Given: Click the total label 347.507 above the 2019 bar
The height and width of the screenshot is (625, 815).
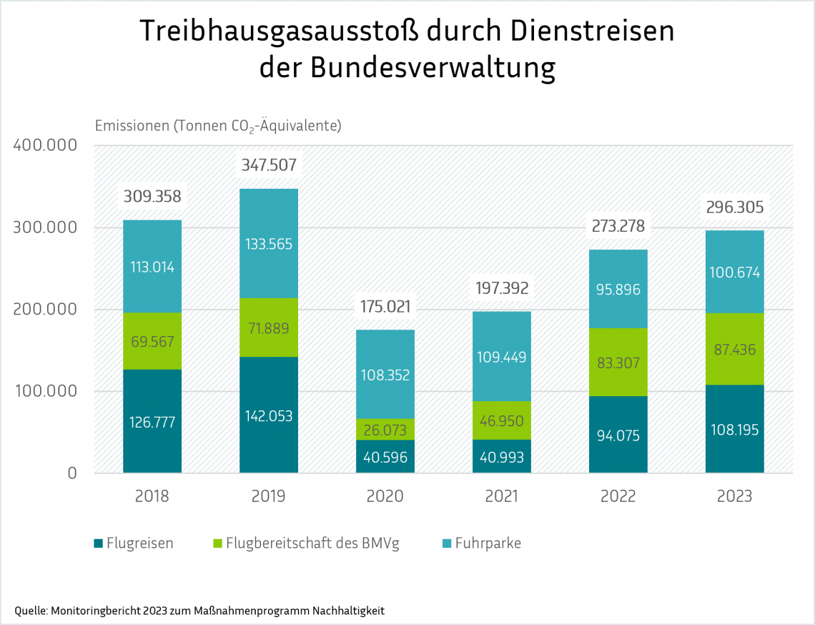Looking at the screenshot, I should [x=269, y=166].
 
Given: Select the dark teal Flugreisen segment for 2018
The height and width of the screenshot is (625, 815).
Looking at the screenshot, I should [x=152, y=421].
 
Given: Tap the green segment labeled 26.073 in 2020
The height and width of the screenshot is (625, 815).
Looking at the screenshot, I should [x=385, y=430].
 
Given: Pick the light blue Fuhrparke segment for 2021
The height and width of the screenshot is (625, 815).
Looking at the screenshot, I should [x=502, y=356].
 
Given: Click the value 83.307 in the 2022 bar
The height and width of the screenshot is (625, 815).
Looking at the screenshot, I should [x=618, y=363].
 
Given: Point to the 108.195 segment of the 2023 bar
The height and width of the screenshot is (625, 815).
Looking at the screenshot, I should [x=735, y=430].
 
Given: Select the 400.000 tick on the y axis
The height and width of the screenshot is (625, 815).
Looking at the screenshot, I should [x=44, y=146].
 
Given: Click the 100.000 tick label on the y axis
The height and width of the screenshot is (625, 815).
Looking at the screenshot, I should [x=44, y=392].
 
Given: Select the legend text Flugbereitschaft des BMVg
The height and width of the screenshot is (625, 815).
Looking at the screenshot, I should [x=312, y=543].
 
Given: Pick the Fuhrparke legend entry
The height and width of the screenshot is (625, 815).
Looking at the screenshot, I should [x=488, y=543].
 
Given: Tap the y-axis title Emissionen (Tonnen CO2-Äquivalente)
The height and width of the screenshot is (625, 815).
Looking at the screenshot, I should [x=218, y=126].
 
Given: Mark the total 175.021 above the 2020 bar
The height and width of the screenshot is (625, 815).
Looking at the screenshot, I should [x=385, y=307].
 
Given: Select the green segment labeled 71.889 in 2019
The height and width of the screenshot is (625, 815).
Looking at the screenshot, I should [x=269, y=328].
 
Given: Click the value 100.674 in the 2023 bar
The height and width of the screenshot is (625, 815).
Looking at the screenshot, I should [x=735, y=272].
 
